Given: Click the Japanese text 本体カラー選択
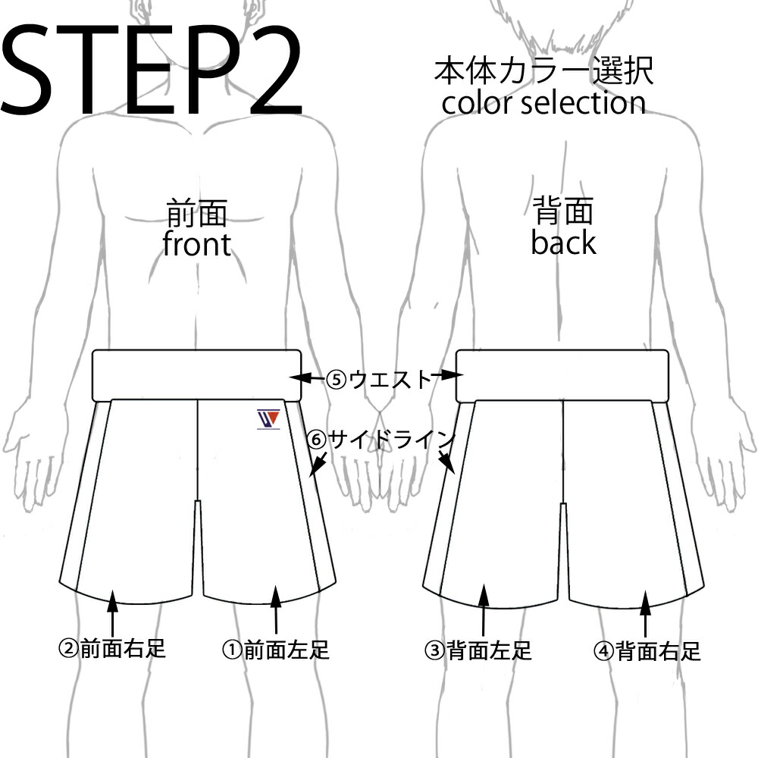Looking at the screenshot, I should click(543, 72).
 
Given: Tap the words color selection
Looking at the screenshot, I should click(543, 102).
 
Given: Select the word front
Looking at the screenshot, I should click(196, 244).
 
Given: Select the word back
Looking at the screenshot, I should click(563, 243).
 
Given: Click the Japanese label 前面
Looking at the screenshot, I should click(196, 214).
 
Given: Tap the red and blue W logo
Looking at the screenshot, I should click(268, 418).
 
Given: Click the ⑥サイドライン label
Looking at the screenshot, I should click(381, 439).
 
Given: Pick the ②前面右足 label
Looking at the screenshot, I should click(112, 649).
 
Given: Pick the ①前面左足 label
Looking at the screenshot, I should click(275, 650).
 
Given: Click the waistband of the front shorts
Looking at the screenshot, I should click(197, 374).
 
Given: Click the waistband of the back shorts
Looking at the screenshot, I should click(562, 375).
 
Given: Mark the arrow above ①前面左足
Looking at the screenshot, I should click(275, 610).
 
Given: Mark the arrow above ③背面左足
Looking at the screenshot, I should click(482, 610).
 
